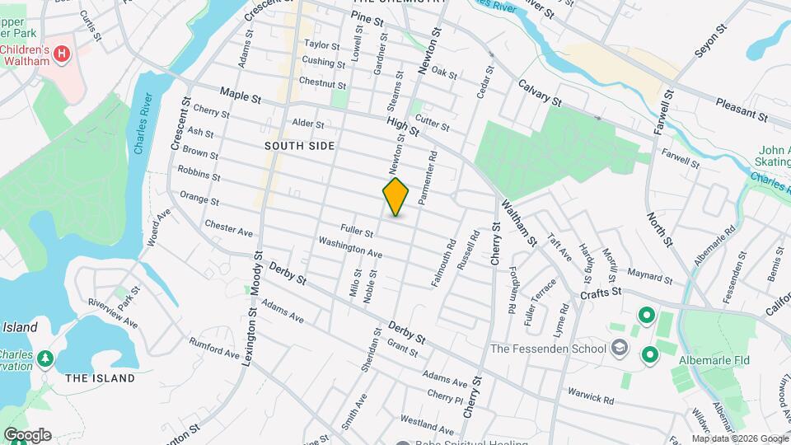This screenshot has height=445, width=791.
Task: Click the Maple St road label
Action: [x=240, y=96]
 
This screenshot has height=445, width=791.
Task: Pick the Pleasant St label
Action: [x=742, y=111]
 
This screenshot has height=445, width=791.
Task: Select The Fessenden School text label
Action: [x=548, y=349]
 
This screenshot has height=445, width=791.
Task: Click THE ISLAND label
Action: [x=100, y=378]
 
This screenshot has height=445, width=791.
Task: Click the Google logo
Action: [x=26, y=435]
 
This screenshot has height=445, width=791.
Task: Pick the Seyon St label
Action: [x=711, y=40]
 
